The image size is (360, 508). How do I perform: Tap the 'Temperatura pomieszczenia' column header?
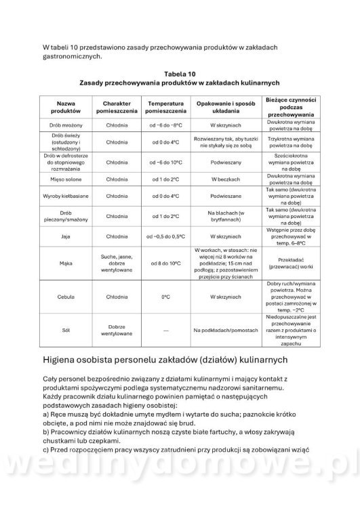click(164, 106)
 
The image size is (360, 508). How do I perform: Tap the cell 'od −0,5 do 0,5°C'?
click(164, 236)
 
